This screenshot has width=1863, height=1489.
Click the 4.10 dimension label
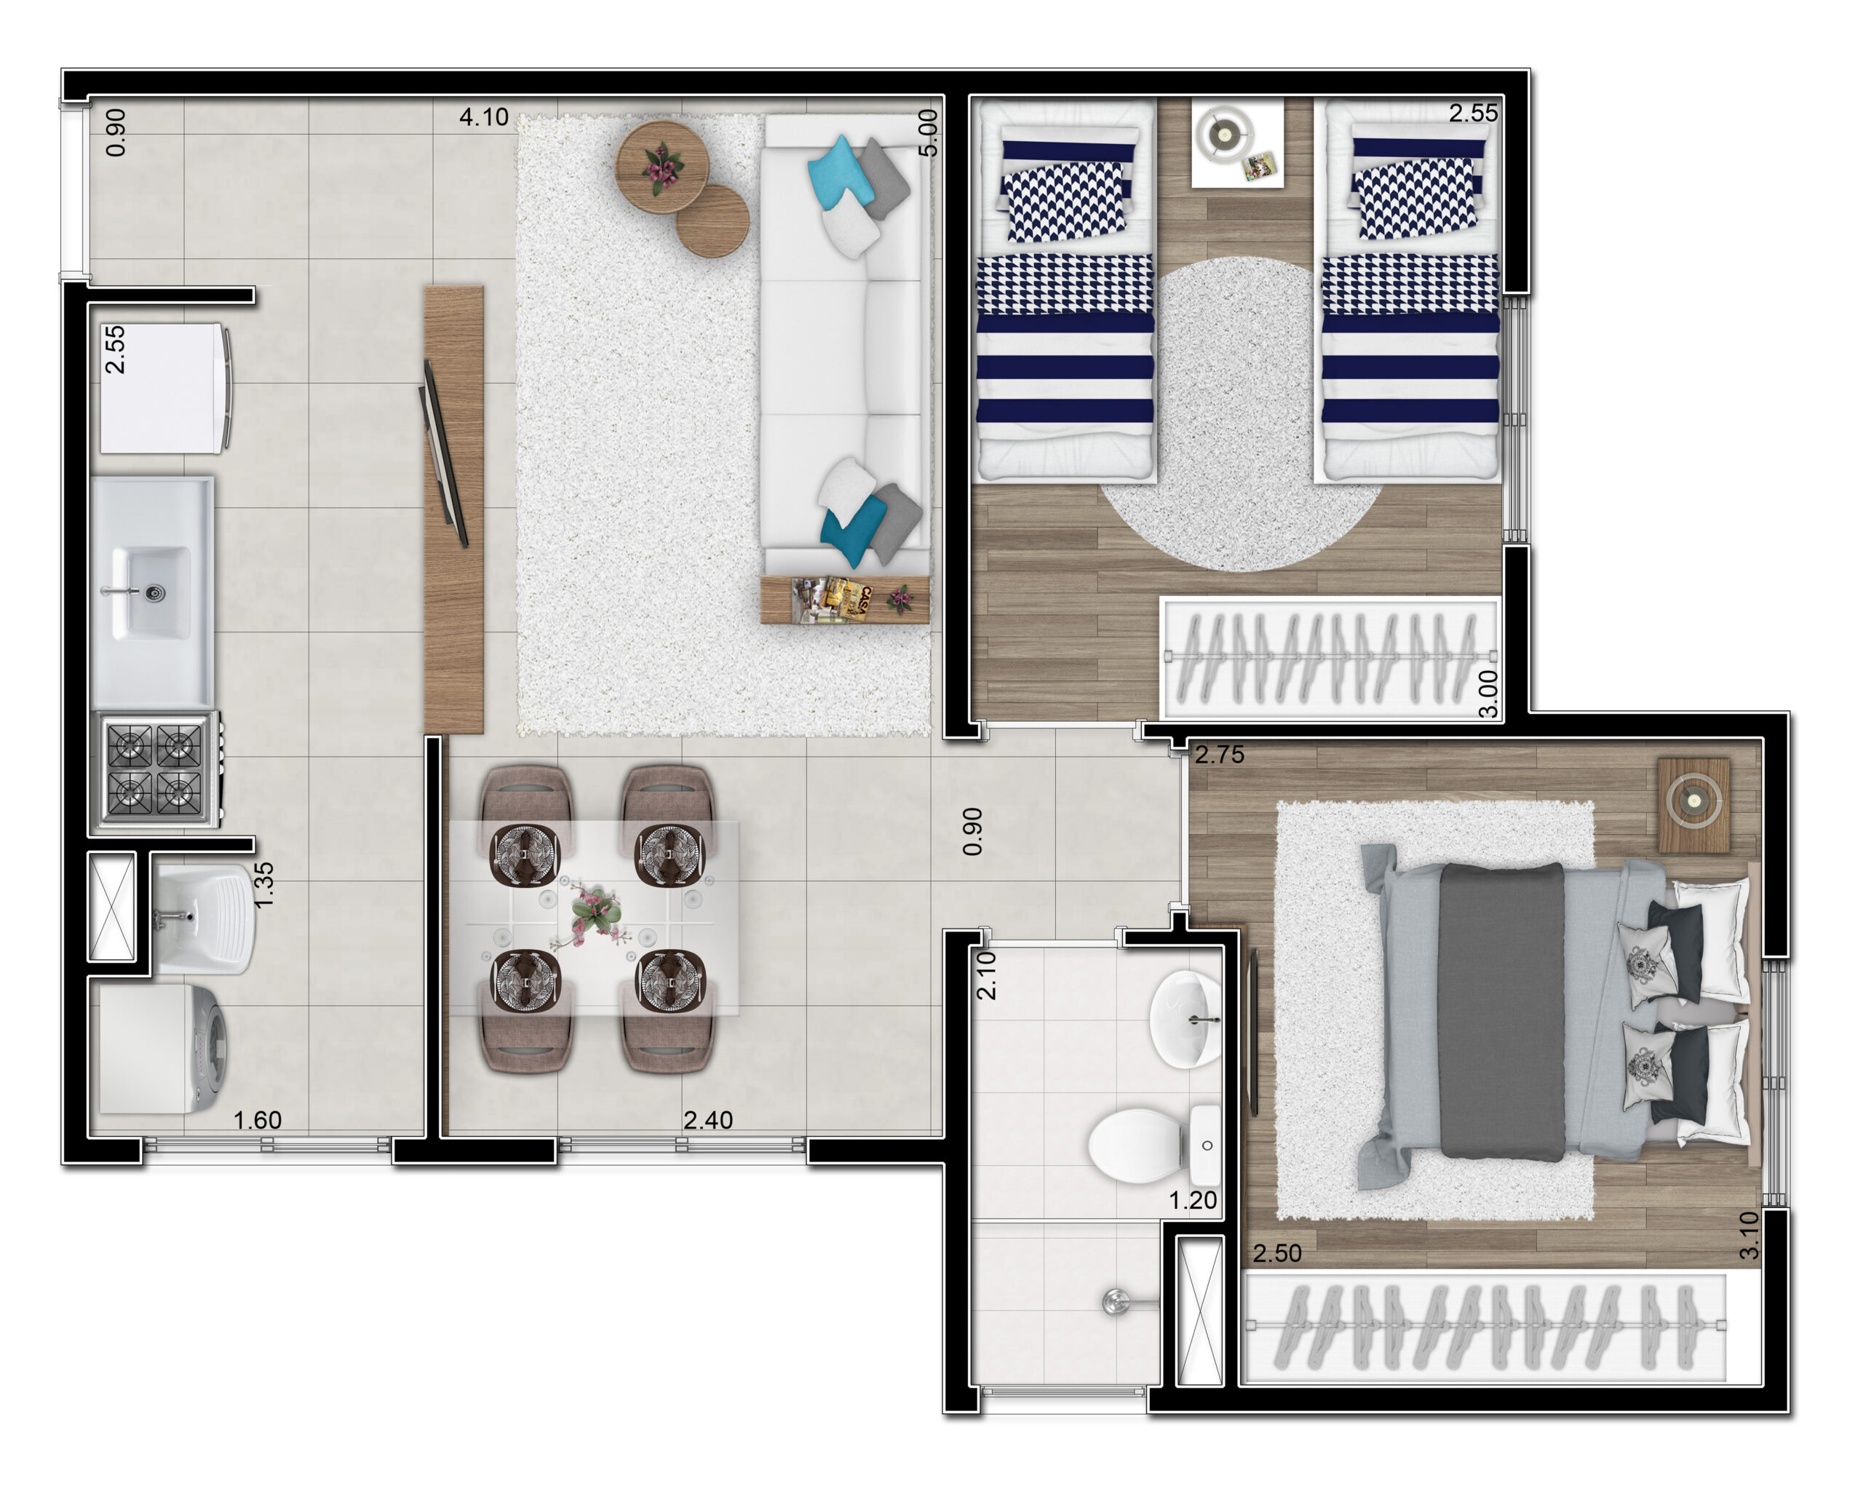[x=483, y=116]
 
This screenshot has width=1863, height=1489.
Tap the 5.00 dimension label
[x=927, y=132]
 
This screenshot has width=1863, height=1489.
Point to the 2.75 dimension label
[x=1219, y=755]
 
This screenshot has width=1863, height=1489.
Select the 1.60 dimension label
[x=258, y=1120]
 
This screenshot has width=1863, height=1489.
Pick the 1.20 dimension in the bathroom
[x=1193, y=1200]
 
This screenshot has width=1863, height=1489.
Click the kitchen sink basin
[x=152, y=593]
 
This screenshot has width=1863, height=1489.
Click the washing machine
[x=163, y=1050]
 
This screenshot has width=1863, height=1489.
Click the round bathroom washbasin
[x=1185, y=1019]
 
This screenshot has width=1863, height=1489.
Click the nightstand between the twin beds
[x=1237, y=143]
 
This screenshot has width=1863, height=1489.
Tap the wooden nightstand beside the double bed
[x=1693, y=806]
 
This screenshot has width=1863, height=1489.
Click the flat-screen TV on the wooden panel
[x=443, y=453]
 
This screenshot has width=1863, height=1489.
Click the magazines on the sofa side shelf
[x=832, y=599]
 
